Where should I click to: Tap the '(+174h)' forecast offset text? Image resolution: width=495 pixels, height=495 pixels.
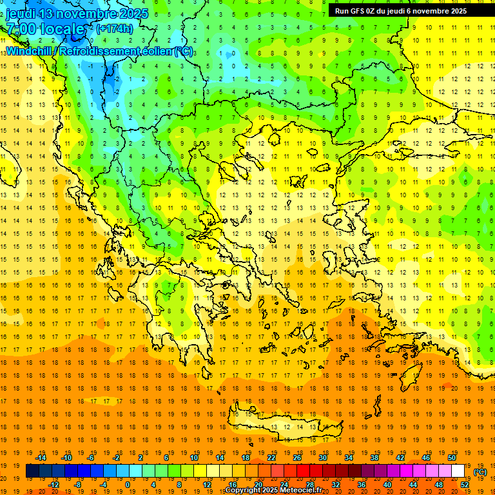114,28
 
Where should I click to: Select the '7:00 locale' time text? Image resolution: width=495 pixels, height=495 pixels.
45,29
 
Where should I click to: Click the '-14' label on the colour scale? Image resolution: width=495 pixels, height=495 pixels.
41,457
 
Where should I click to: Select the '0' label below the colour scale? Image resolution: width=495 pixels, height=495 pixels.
128,485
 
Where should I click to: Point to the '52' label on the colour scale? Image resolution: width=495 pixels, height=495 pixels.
465,485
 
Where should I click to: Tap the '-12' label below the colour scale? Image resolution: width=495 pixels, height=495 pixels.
53,485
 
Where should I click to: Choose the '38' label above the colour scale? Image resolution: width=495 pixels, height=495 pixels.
374,457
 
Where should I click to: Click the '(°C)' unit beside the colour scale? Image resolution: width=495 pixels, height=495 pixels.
480,471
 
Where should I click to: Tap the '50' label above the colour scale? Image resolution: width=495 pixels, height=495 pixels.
451,457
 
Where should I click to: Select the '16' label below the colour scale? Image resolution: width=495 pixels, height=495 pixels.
232,485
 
